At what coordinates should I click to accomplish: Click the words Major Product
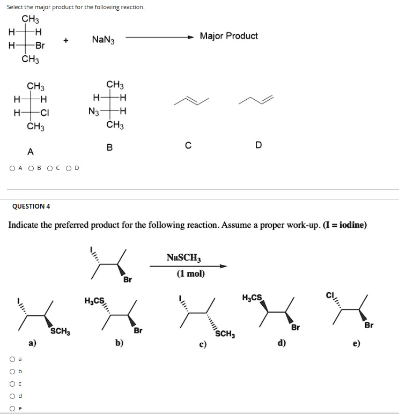coord(228,36)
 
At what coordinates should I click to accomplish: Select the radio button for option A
coord(12,168)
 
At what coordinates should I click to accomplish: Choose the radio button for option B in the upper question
coord(32,168)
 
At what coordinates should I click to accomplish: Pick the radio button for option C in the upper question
coord(50,168)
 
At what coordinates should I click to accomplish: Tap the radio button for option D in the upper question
coord(69,168)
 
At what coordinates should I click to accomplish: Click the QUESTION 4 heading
coord(31,206)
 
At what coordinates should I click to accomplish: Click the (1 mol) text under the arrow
coord(191,273)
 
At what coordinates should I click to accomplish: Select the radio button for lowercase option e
coord(11,408)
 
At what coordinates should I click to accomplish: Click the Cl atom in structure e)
coord(330,294)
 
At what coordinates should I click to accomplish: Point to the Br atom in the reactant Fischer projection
coord(40,46)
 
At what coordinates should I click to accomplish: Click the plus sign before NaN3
coord(65,40)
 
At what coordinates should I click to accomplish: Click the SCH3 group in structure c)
coord(225,334)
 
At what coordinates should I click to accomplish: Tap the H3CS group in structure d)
coord(253,298)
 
